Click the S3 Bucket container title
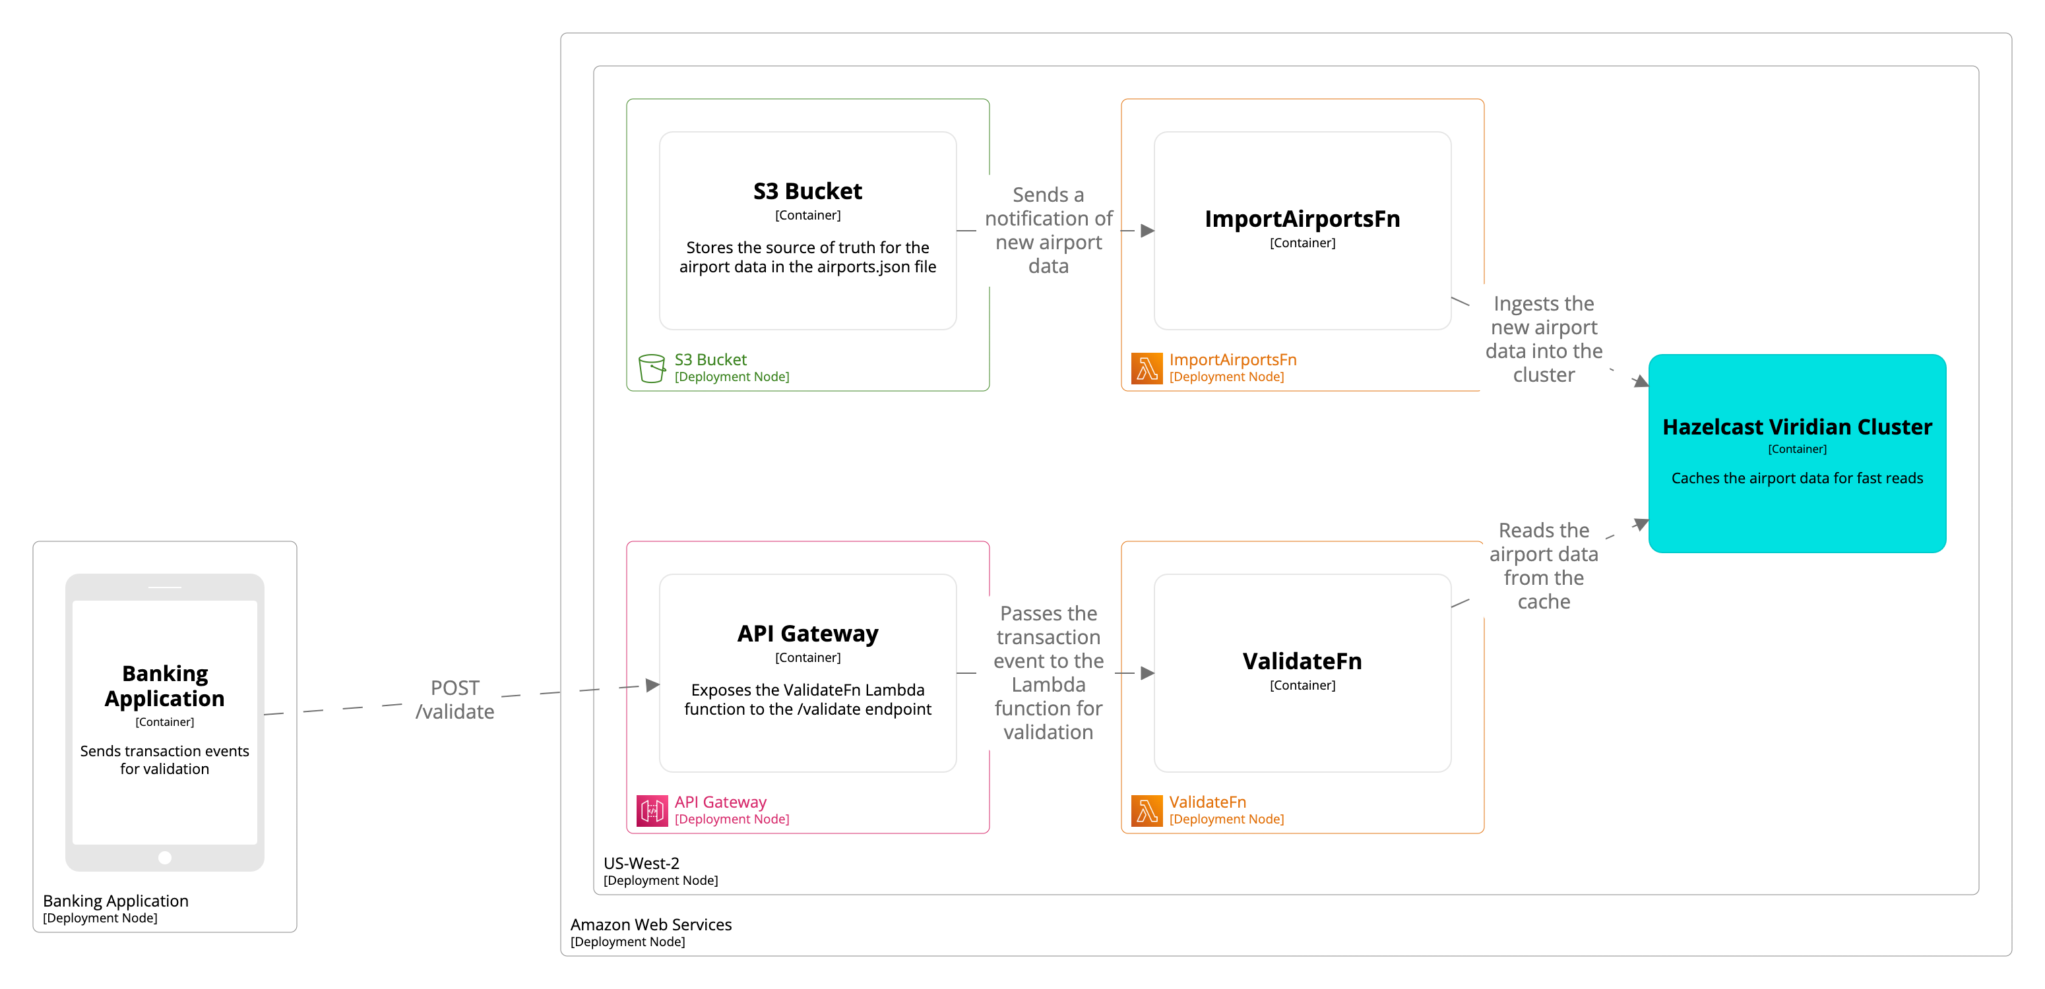coord(807,191)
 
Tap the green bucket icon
coord(651,369)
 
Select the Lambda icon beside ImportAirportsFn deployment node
coord(1146,369)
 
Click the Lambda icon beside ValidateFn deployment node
coord(1146,810)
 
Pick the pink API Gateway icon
coord(651,810)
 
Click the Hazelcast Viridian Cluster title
coord(1796,427)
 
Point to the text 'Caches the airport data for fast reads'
coord(1796,478)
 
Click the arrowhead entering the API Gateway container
coord(652,685)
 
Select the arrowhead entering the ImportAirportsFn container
coord(1147,231)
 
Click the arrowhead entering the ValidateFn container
coord(1147,673)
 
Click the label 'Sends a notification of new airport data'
coord(1048,230)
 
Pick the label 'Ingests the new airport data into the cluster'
coord(1543,339)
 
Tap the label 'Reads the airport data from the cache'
coord(1543,565)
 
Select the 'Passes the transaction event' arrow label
coord(1048,673)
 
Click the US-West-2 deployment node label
coord(641,863)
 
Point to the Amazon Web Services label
coord(651,924)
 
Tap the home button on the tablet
coord(164,857)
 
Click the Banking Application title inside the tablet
coord(164,686)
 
